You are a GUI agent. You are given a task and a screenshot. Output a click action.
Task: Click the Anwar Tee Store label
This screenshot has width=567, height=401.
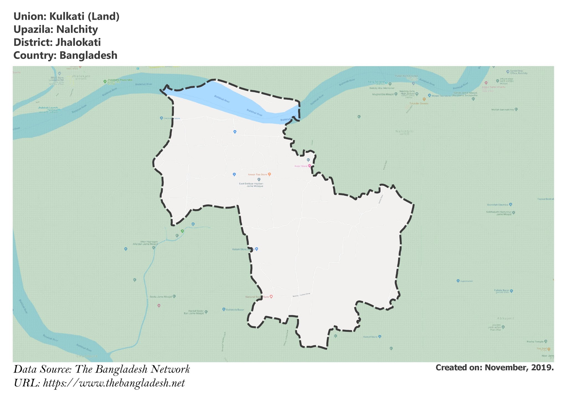(257, 174)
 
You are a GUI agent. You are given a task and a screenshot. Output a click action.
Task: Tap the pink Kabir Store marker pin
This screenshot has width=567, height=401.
(310, 166)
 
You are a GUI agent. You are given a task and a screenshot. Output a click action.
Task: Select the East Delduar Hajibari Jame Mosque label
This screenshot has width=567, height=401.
(251, 185)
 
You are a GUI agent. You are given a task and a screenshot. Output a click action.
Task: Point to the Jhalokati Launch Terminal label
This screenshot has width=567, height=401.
(48, 109)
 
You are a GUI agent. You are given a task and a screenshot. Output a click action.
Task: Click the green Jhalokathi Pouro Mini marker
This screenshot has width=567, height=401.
(105, 81)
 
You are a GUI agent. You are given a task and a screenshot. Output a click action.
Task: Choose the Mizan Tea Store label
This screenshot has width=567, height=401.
(441, 96)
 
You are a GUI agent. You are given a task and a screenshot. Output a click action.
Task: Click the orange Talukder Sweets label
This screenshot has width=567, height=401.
(419, 104)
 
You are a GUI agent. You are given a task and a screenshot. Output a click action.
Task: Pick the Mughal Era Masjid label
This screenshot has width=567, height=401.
(383, 94)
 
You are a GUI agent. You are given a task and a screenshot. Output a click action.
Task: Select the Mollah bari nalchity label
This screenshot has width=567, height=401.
(502, 110)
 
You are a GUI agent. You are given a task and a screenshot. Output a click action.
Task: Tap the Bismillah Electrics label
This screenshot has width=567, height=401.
(498, 205)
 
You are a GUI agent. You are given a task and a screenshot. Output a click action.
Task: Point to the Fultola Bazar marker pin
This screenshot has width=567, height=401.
(511, 291)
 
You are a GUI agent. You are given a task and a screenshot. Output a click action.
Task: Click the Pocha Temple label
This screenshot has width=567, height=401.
(535, 342)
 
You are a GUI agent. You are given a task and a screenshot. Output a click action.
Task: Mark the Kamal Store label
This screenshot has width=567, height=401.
(370, 337)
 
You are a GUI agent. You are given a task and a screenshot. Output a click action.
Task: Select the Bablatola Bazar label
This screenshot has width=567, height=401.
(235, 310)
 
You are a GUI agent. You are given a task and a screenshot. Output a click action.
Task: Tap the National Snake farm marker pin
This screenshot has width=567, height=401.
(271, 297)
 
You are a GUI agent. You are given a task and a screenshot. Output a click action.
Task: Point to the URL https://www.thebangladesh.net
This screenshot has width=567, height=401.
(114, 383)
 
